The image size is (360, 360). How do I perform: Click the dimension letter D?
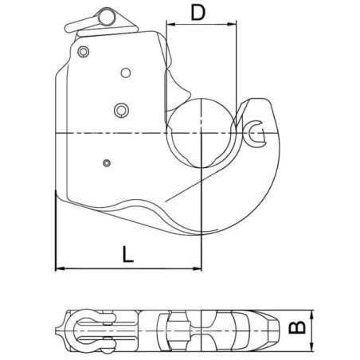tap(198, 13)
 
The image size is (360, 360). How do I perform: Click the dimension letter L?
tap(127, 254)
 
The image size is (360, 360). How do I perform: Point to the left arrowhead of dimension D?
tap(170, 25)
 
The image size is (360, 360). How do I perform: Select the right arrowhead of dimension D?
tap(232, 25)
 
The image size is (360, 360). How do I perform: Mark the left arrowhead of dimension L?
tap(60, 268)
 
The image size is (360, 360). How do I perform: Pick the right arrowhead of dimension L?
tap(197, 268)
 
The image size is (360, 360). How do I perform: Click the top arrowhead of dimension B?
tap(311, 315)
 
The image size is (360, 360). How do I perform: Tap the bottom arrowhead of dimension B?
tap(311, 347)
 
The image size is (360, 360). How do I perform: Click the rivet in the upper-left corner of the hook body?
tap(84, 52)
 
